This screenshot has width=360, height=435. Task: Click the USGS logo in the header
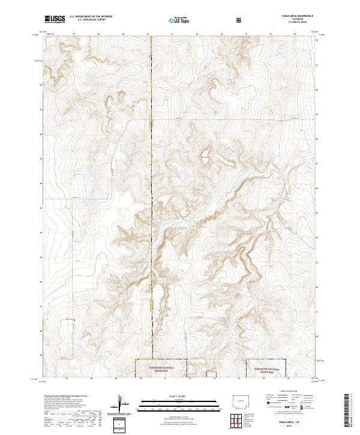(x=54, y=20)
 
